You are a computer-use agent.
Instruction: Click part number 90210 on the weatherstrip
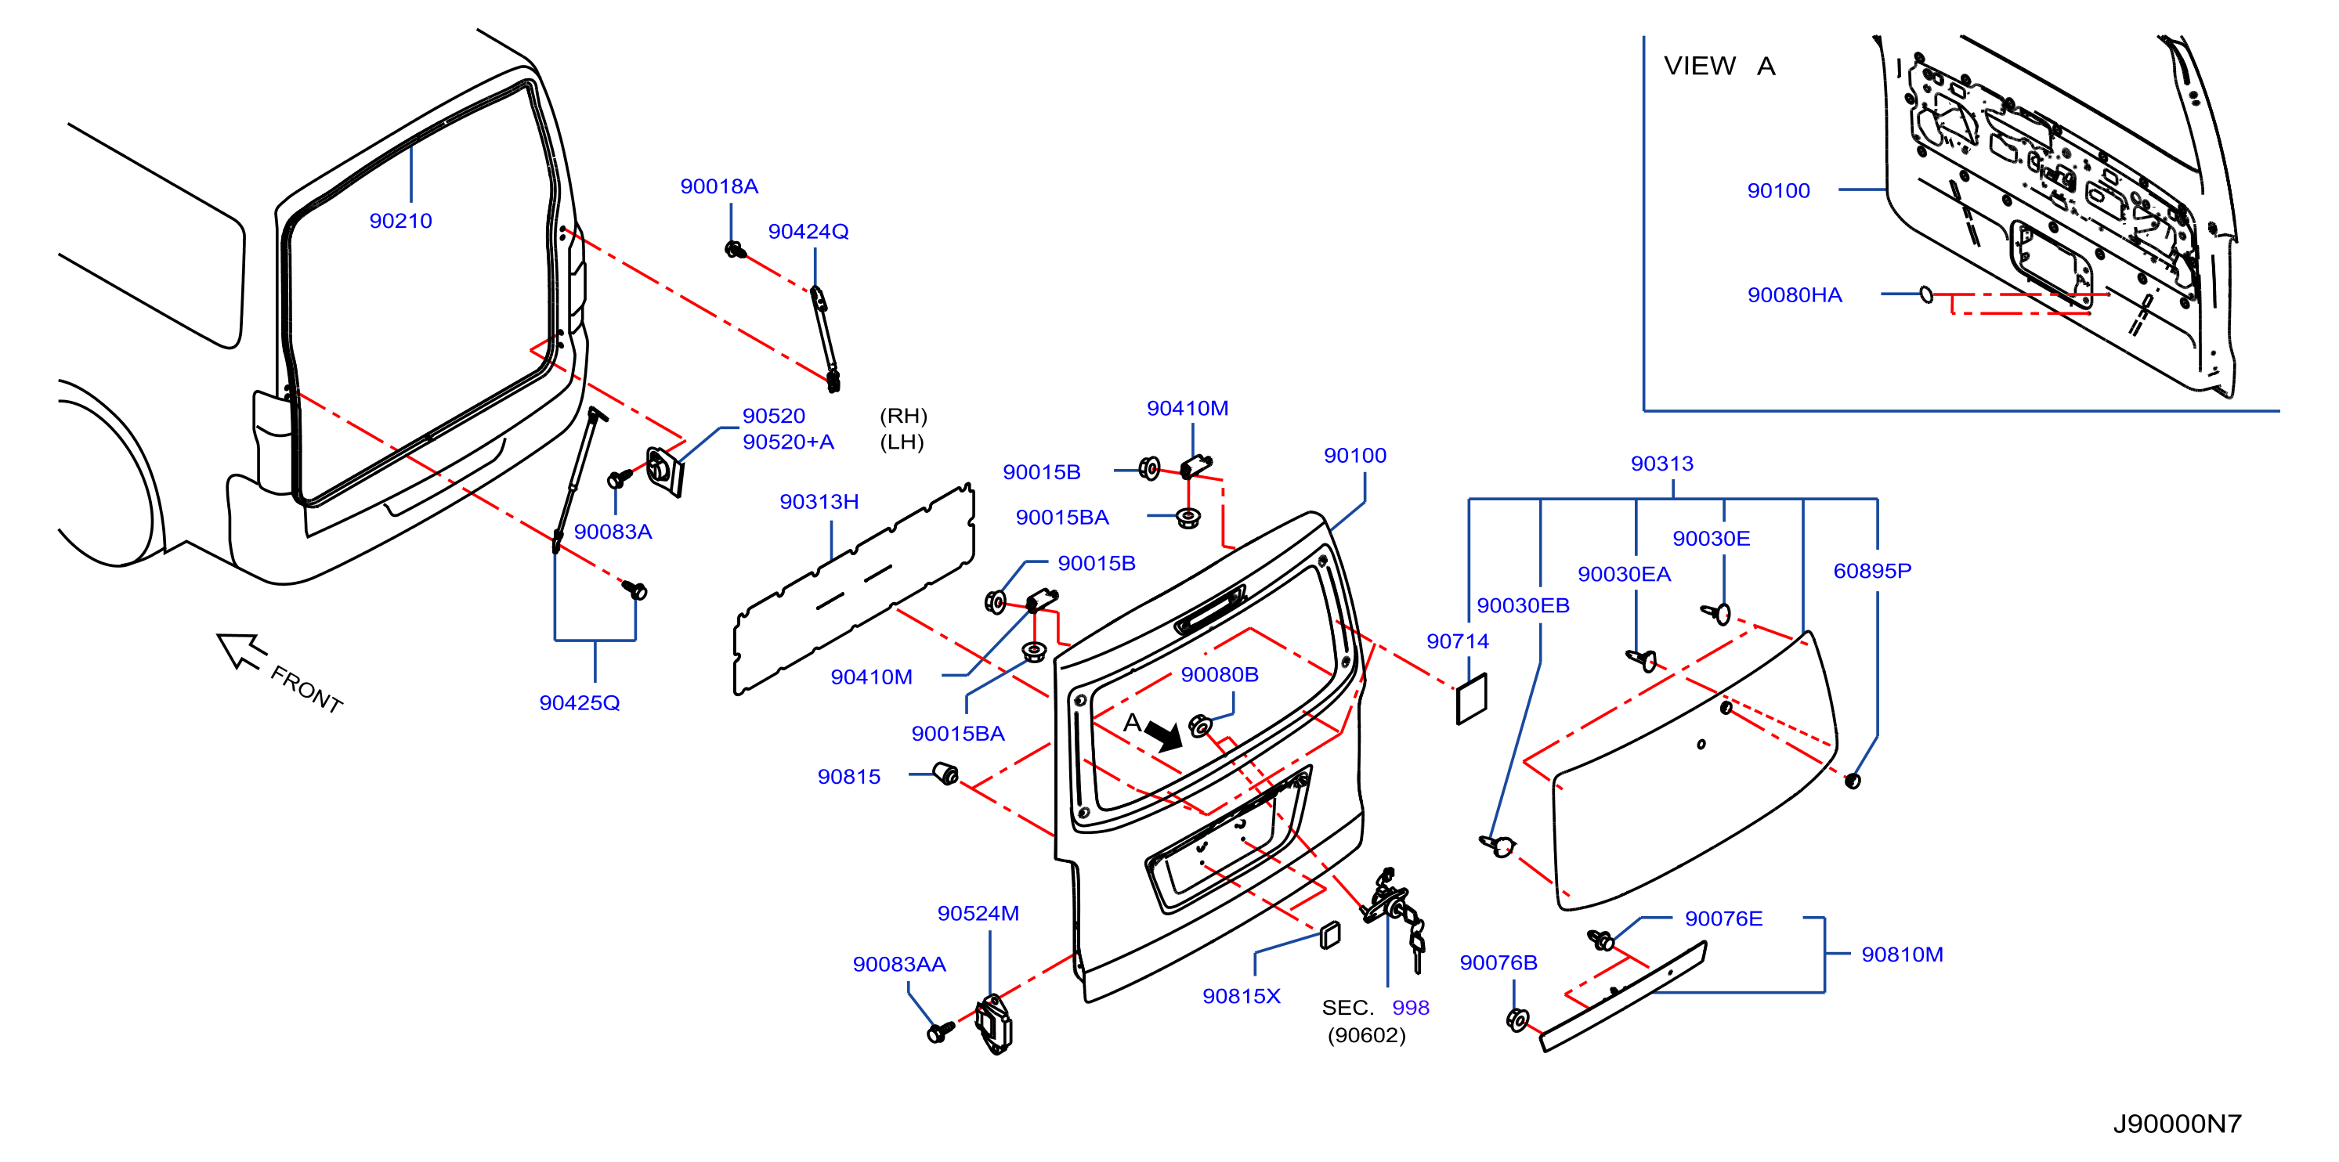click(x=400, y=221)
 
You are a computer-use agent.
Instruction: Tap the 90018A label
click(x=719, y=186)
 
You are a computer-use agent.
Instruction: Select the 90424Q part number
click(x=808, y=232)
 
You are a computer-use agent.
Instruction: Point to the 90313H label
click(x=819, y=501)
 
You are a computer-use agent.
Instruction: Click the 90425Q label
click(x=580, y=702)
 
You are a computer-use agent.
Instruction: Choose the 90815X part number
click(x=1242, y=996)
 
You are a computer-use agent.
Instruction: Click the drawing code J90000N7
click(x=2178, y=1124)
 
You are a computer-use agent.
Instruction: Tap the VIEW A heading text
click(x=1719, y=67)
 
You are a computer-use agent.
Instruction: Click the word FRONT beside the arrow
click(x=307, y=689)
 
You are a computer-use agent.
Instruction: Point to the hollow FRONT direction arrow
click(x=241, y=650)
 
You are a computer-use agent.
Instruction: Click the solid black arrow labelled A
click(x=1164, y=734)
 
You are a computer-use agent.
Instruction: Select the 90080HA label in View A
click(x=1795, y=295)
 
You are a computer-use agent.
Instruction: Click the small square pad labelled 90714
click(x=1472, y=699)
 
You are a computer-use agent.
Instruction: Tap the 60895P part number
click(x=1872, y=571)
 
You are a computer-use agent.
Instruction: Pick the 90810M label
click(x=1902, y=955)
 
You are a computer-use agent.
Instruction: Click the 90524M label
click(x=978, y=913)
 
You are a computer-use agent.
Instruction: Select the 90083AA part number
click(x=899, y=964)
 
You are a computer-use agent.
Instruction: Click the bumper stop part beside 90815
click(x=945, y=774)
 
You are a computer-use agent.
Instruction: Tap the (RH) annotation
click(x=903, y=416)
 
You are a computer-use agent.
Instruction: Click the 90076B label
click(x=1498, y=962)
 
